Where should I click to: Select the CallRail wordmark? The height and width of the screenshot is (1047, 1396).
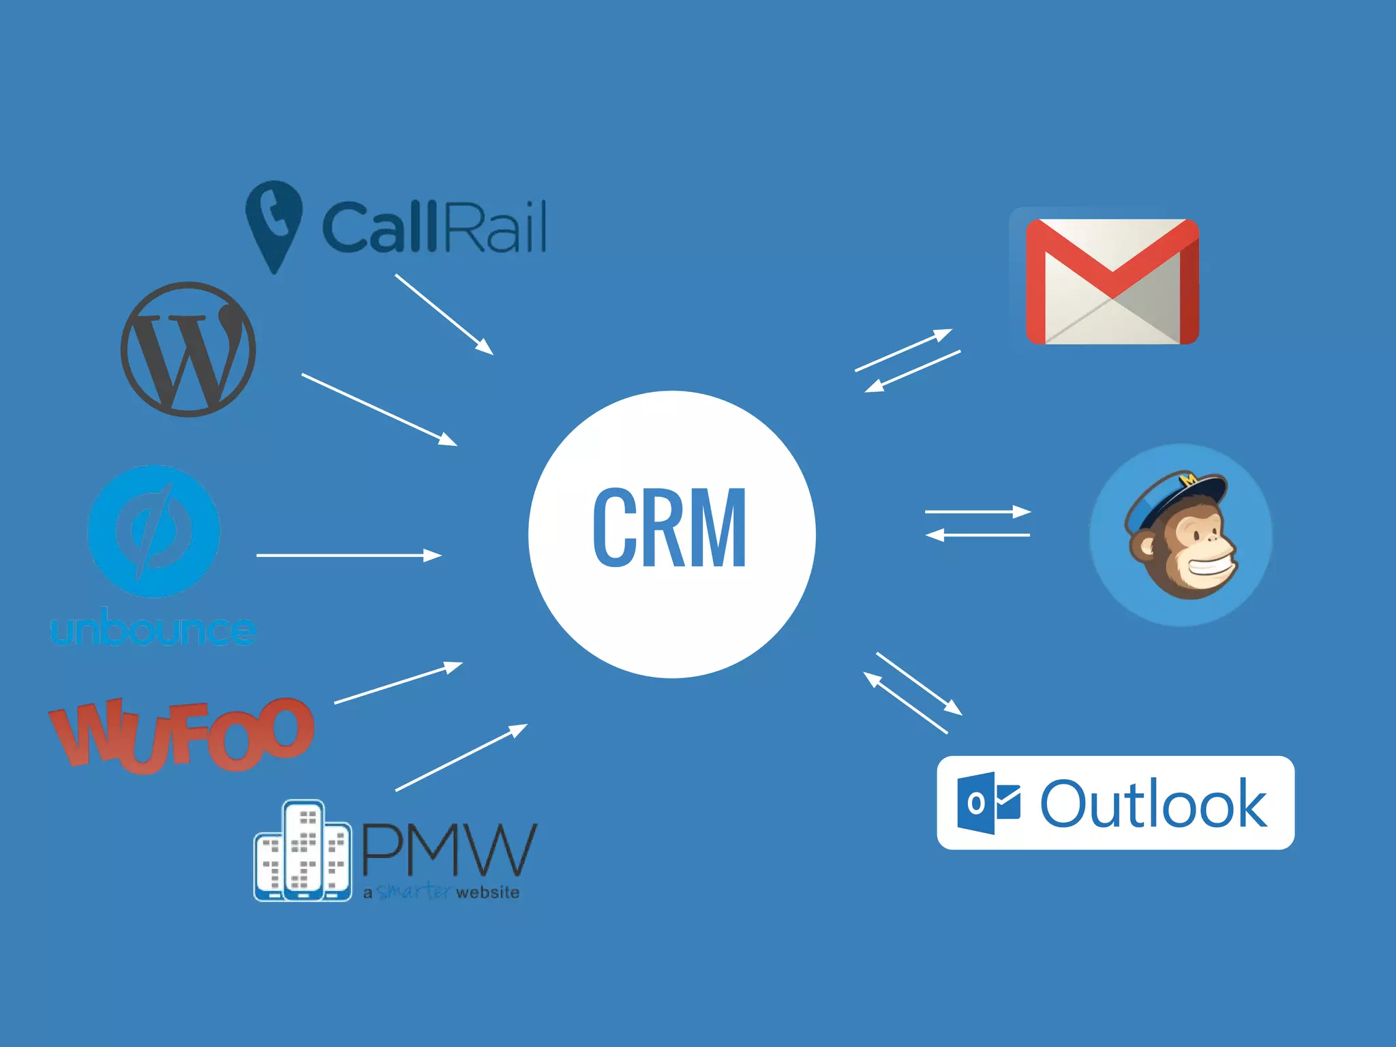(x=434, y=227)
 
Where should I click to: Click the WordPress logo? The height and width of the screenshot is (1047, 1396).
(x=188, y=349)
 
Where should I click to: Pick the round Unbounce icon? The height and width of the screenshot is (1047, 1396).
(x=154, y=531)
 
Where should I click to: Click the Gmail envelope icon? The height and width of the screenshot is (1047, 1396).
(x=1112, y=282)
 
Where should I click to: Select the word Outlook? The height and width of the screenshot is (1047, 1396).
(x=1153, y=804)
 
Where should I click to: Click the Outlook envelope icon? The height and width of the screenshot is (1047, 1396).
(x=988, y=803)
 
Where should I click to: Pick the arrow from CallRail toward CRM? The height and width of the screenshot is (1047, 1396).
(x=444, y=314)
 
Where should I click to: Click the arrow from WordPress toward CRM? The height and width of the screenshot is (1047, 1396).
(x=379, y=410)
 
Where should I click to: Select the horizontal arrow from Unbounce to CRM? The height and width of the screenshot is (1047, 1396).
(x=349, y=556)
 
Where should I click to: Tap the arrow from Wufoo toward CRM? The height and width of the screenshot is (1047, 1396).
(x=398, y=682)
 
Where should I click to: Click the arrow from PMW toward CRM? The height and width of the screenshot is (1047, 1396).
(x=461, y=757)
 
